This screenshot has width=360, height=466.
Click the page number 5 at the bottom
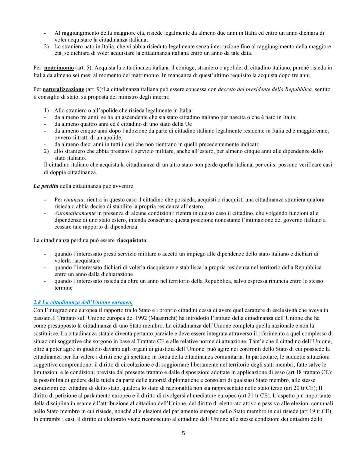[183, 433]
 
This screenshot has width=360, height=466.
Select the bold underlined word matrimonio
[59, 68]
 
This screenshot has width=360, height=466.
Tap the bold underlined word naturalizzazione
[63, 89]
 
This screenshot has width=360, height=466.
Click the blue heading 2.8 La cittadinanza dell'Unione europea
[83, 303]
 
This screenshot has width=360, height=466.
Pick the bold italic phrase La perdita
[46, 186]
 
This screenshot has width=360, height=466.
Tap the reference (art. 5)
[83, 68]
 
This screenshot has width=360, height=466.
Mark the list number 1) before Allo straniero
[47, 110]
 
